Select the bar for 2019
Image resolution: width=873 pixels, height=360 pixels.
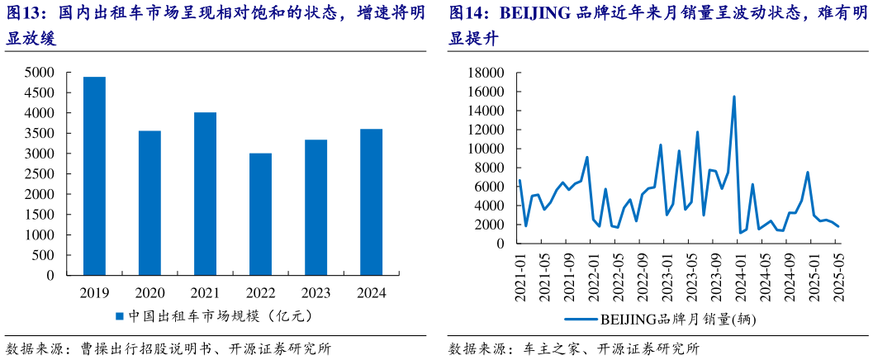pos(94,176)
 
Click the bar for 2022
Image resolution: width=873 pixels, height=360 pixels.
pos(260,214)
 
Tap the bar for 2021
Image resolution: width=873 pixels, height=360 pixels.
pos(205,193)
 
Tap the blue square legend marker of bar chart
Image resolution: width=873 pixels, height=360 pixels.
pos(119,316)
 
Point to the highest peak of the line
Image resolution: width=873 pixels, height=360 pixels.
pos(733,97)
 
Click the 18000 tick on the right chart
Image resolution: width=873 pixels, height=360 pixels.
pos(486,73)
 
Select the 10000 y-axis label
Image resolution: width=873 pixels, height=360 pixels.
pos(486,149)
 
